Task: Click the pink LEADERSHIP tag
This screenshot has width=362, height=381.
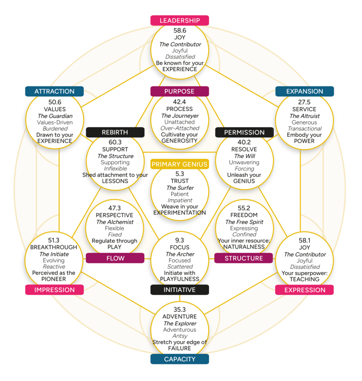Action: point(180,20)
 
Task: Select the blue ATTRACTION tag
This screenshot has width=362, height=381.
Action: point(54,91)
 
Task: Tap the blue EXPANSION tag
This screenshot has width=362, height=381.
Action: point(305,91)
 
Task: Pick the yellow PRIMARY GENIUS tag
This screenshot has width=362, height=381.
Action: point(180,164)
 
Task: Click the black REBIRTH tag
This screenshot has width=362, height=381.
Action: point(115,133)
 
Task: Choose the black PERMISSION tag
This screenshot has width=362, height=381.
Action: point(244,133)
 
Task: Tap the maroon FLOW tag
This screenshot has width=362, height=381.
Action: point(115,258)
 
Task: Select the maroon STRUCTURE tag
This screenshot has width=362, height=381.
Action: point(243,258)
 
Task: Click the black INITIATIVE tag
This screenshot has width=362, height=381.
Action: point(180,290)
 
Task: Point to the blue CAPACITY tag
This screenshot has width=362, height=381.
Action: point(180,359)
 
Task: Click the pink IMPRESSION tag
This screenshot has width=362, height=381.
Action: point(54,290)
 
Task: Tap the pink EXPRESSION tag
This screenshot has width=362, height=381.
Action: point(305,290)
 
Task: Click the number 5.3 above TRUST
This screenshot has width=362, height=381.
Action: point(180,173)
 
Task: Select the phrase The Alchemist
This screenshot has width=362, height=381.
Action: point(115,222)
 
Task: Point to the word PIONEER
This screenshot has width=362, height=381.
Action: point(54,279)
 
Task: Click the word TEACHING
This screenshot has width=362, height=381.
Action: point(305,280)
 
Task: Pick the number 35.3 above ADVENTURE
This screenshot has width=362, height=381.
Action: point(180,310)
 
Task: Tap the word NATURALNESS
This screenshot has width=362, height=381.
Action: point(244,248)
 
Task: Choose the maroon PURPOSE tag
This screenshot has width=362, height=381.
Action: point(180,91)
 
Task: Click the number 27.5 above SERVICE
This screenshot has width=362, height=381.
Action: point(305,102)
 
